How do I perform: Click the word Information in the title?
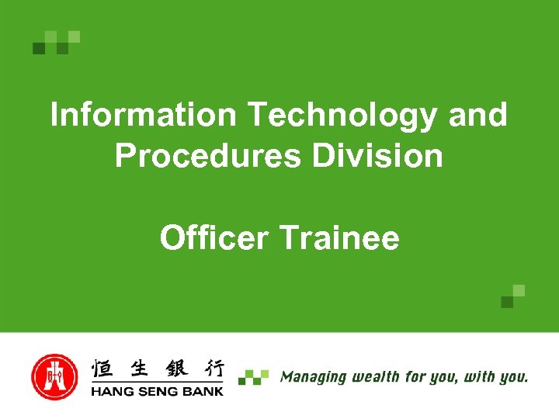pos(143,116)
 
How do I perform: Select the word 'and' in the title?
pos(478,116)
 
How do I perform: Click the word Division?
pos(377,156)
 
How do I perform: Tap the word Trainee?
pos(339,237)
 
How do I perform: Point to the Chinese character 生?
pos(140,368)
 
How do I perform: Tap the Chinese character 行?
pos(210,368)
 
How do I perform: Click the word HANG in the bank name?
pos(111,390)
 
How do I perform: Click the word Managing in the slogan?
pos(314,378)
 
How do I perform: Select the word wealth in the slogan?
pos(376,377)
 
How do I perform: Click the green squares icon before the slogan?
pos(254,377)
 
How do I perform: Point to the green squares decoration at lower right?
pos(512,296)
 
